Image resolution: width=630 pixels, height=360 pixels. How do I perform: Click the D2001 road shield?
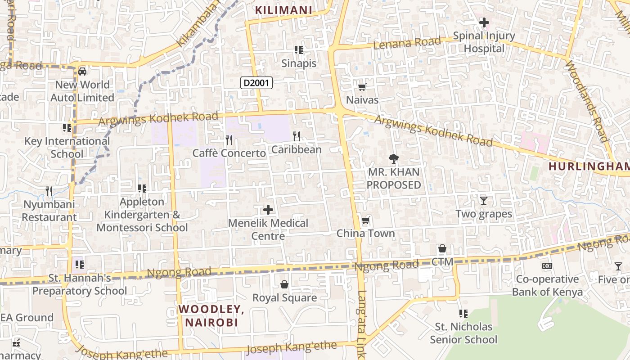click(256, 83)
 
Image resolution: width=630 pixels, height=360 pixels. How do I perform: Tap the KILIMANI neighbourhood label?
click(283, 10)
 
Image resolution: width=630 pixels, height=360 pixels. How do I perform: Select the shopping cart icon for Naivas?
click(362, 87)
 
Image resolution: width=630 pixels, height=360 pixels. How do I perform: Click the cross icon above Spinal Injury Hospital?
click(484, 22)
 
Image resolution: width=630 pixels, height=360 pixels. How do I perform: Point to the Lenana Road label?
click(407, 43)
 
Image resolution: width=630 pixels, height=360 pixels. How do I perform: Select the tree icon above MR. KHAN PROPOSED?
click(394, 158)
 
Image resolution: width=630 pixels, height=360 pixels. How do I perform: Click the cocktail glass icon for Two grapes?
click(484, 201)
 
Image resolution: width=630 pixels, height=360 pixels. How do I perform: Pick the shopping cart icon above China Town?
click(366, 220)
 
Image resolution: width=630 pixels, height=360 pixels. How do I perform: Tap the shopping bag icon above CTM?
click(442, 249)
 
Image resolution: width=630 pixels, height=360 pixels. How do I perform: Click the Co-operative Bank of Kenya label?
click(547, 285)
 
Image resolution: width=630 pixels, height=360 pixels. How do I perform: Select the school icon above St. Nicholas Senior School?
click(463, 313)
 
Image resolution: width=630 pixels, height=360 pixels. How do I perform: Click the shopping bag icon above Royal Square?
click(284, 284)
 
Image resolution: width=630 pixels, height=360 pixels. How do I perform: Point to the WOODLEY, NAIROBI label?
click(211, 315)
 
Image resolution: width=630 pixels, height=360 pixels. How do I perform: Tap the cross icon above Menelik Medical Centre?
click(268, 210)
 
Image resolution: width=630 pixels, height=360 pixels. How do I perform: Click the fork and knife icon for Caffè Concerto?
click(229, 140)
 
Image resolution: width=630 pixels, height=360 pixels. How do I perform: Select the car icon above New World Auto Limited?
click(82, 72)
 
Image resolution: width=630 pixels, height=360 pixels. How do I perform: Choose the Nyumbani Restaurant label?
click(49, 211)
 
